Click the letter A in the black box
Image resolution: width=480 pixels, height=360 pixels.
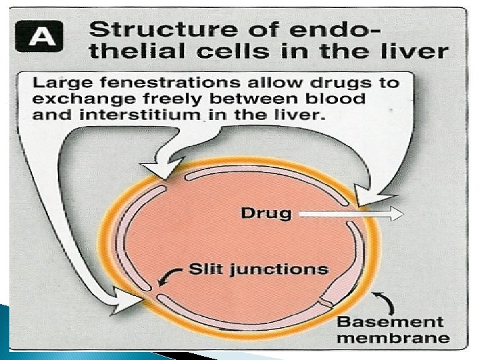43,35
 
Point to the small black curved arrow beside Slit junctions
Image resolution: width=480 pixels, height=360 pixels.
174,273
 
